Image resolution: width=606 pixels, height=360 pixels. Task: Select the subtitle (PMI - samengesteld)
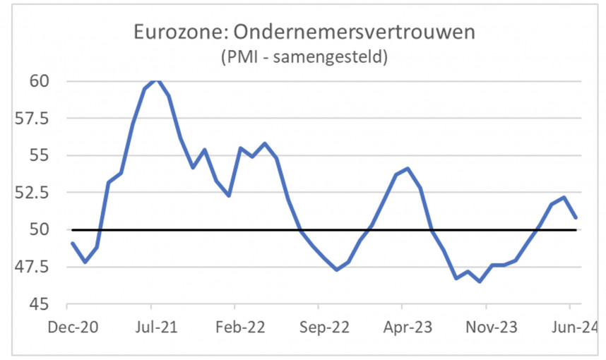[x=304, y=57]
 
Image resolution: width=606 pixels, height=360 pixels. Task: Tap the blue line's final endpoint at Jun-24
[x=576, y=217]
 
